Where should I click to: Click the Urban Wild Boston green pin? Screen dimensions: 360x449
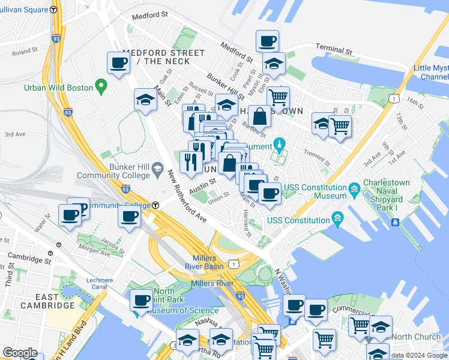click(101, 88)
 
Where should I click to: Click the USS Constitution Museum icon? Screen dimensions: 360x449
click(354, 191)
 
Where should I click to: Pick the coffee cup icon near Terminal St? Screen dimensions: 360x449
click(267, 41)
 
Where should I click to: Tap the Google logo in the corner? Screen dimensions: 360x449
click(20, 353)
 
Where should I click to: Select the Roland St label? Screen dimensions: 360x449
click(25, 52)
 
